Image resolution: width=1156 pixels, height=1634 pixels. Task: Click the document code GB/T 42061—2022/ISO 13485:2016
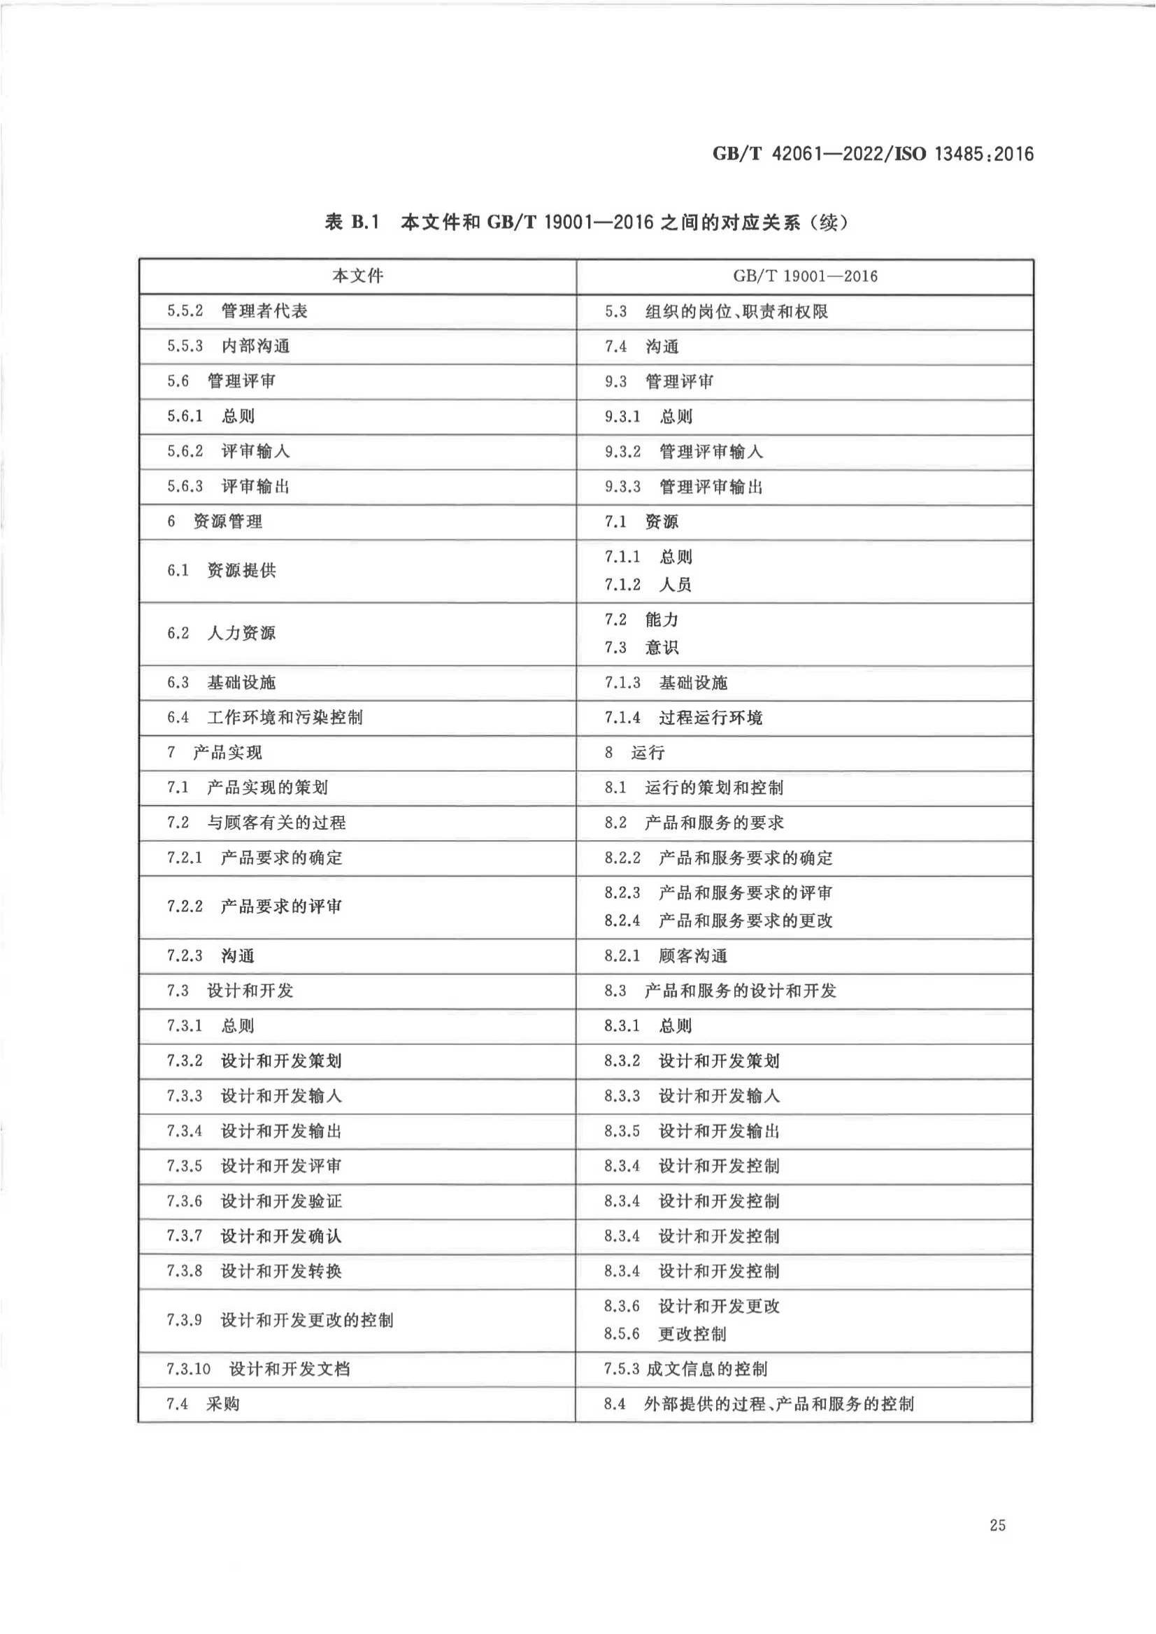(873, 154)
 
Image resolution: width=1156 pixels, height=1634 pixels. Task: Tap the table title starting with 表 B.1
(586, 223)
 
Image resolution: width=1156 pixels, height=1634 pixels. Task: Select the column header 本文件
(357, 276)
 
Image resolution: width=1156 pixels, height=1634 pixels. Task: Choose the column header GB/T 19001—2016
(804, 276)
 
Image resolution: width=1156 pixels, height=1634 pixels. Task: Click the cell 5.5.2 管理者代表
(237, 311)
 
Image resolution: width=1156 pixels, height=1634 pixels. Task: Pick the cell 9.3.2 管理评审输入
(683, 451)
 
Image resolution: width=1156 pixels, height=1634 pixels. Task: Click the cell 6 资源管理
(214, 521)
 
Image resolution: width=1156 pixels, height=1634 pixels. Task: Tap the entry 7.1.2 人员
(648, 585)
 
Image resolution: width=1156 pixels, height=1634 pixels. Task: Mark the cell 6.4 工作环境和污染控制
(265, 717)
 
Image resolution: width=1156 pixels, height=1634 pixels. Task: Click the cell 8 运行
(634, 752)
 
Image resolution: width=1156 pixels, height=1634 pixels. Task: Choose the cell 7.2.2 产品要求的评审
(254, 907)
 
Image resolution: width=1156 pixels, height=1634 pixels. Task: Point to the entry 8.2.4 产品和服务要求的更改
(718, 921)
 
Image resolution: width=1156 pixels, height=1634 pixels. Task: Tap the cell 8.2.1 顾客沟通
(666, 955)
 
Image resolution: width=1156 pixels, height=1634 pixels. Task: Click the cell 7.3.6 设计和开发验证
(254, 1200)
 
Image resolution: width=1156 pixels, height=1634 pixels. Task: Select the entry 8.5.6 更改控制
(665, 1333)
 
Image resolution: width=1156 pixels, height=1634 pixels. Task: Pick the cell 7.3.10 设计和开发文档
(257, 1368)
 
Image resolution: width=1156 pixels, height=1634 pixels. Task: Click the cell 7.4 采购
(203, 1404)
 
